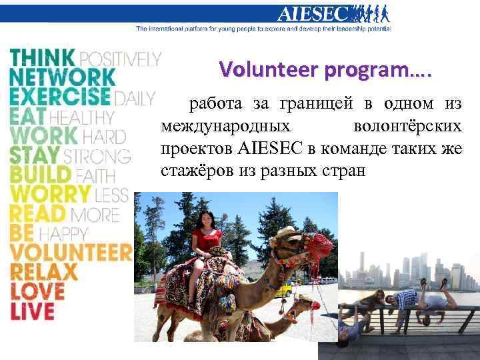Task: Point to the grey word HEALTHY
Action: pos(81,117)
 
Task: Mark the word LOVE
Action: pos(37,291)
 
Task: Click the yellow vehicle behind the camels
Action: pos(284,289)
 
